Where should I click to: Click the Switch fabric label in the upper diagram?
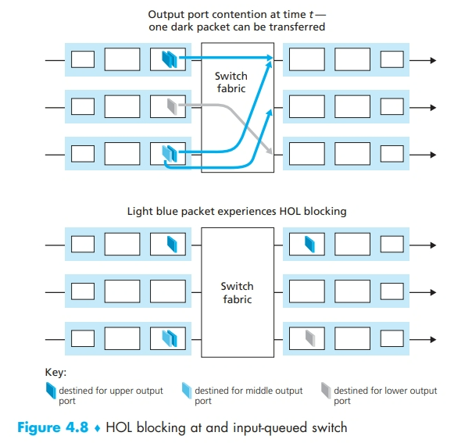tap(231, 83)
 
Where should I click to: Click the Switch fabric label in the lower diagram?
tap(237, 293)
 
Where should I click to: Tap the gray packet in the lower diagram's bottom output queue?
tap(309, 337)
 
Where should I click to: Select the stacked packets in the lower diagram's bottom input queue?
tap(170, 338)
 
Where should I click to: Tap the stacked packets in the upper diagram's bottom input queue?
tap(168, 153)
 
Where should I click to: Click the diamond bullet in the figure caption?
tap(98, 427)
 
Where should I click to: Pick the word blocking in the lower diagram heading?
tap(323, 211)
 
